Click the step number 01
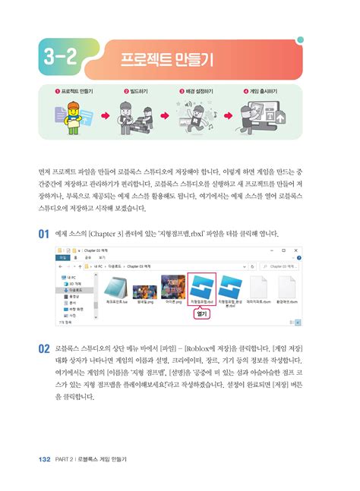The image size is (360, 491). click(45, 234)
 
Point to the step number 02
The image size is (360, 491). click(45, 350)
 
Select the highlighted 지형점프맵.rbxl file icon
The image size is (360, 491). click(202, 289)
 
